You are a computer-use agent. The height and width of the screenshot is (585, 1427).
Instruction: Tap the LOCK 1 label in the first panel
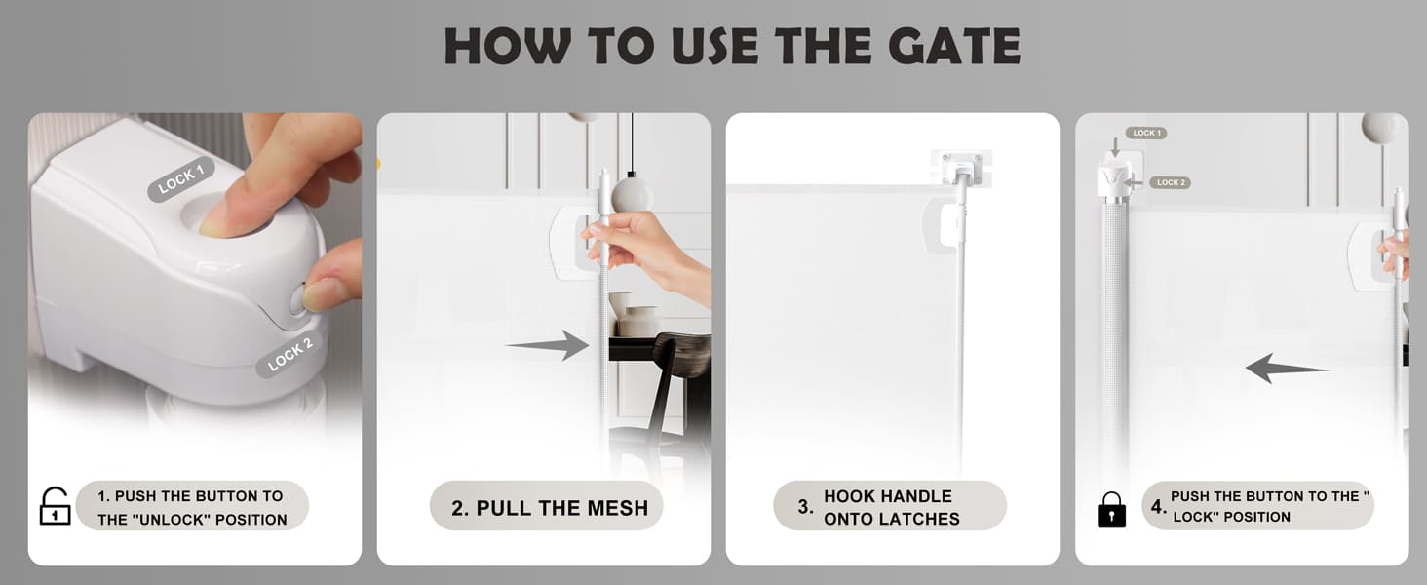181,178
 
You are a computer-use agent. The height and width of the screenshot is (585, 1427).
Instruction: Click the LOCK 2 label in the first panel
289,354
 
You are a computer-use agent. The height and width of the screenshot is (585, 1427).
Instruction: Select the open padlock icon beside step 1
55,506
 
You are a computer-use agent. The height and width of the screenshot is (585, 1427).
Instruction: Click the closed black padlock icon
1111,509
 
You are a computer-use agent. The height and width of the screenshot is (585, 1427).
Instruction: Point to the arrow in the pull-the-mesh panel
547,345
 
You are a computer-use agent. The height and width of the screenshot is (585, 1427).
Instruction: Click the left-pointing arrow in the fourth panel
1288,369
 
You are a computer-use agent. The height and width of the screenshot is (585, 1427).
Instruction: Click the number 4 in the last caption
1157,507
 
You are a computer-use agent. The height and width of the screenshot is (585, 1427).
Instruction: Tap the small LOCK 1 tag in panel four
1146,133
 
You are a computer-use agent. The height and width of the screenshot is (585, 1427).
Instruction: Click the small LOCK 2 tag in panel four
1171,183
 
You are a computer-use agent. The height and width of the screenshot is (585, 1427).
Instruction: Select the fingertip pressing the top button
215,220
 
